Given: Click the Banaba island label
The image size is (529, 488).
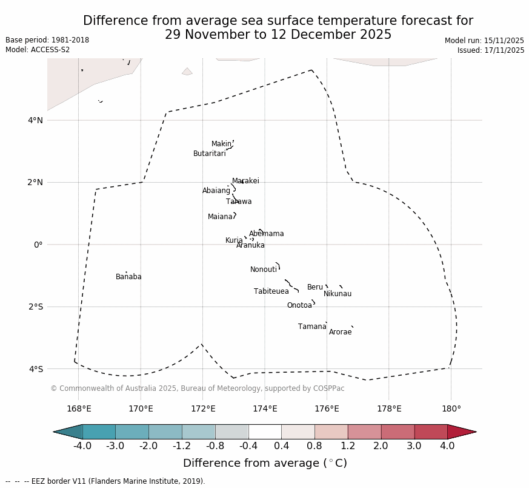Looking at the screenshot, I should click(x=128, y=277).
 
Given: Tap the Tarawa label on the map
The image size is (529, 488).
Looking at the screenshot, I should click(x=239, y=202).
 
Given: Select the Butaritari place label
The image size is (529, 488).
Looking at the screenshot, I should click(x=209, y=154).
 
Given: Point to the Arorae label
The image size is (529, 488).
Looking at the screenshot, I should click(x=340, y=332).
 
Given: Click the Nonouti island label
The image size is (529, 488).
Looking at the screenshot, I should click(x=264, y=269).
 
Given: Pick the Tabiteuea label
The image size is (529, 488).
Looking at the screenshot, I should click(x=271, y=291).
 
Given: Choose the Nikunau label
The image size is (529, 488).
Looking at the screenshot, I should click(x=337, y=294).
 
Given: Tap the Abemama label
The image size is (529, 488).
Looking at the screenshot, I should click(x=266, y=234).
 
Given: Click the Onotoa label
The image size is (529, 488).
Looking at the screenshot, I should click(x=299, y=305).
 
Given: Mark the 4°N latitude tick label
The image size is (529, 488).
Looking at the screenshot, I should click(x=36, y=120).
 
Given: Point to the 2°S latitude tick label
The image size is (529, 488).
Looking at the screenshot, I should click(x=36, y=307).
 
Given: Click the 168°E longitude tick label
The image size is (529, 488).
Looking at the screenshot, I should click(x=79, y=408).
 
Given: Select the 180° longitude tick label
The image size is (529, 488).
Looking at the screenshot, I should click(x=451, y=408).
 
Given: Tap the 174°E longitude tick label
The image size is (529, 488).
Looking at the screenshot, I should click(x=265, y=408).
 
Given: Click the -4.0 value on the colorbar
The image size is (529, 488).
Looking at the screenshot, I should click(x=82, y=446).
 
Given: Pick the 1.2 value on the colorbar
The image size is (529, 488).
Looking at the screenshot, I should click(x=348, y=446).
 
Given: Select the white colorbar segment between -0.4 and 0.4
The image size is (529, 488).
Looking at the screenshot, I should click(x=265, y=432).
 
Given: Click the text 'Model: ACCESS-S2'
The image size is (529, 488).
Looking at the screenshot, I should click(x=38, y=50).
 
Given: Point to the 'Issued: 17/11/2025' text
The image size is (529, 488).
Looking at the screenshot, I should click(x=490, y=50).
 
